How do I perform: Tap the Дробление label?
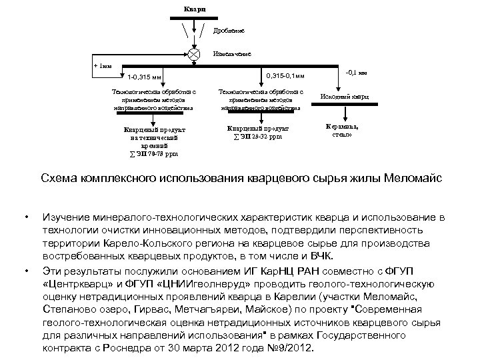[x=229, y=31]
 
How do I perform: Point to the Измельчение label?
[x=232, y=53]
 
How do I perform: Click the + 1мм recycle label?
[x=103, y=67]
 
